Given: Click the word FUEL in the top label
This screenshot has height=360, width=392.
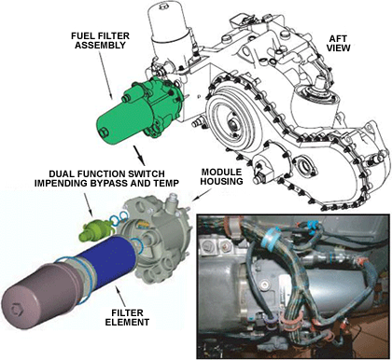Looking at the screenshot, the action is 82,36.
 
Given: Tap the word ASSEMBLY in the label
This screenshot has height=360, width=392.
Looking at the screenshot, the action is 100,46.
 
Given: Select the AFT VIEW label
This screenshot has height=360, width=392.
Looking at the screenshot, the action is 340,43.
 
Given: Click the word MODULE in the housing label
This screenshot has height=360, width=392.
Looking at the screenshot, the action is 221,173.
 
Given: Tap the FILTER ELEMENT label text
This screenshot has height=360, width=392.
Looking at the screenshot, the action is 127,317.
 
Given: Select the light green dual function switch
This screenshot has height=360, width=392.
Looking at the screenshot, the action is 94,231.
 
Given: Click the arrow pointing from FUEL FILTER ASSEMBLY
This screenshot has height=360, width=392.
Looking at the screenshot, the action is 105,74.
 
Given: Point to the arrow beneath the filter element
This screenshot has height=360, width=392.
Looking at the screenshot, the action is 120,297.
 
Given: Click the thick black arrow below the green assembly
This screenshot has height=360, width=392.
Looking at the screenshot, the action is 139,155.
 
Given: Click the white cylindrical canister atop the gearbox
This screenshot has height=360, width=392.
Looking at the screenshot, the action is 168,29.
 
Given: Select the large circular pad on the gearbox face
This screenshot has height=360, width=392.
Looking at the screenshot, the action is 231,122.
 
